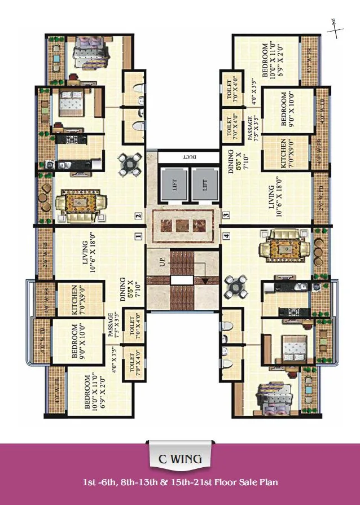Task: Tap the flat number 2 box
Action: pos(137,215)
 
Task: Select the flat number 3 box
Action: pos(225,215)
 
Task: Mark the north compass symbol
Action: pos(335,28)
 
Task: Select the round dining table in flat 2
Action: pos(131,164)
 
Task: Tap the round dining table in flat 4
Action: pos(234,287)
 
